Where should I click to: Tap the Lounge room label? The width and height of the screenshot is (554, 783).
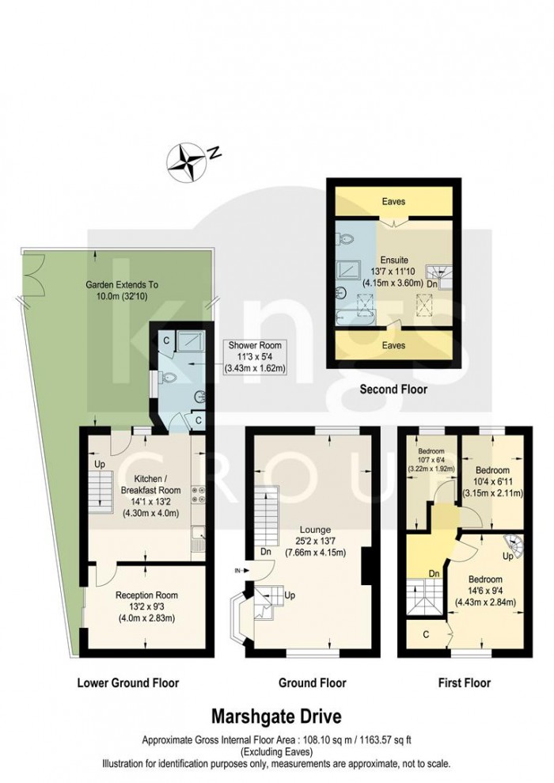coord(315,541)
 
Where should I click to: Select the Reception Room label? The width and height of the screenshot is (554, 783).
coord(146,606)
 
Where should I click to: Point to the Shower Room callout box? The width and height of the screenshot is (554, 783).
coord(255,356)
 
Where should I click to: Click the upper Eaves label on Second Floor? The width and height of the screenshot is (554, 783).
coord(393,201)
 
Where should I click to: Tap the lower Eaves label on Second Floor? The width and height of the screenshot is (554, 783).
coord(393,345)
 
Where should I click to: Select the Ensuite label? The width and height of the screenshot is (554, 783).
coord(393,271)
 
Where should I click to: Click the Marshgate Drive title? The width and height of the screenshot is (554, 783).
coord(276,716)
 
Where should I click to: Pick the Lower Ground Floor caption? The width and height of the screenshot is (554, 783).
coord(127,682)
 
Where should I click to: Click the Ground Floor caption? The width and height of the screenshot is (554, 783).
coord(313,682)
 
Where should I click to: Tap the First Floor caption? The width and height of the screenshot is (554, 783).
coord(464,682)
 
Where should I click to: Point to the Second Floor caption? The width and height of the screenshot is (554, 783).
coord(394,389)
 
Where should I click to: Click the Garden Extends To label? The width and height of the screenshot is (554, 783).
coord(122,290)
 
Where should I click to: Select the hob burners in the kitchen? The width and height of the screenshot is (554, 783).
coord(198,496)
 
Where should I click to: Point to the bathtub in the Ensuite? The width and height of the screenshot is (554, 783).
coord(355,317)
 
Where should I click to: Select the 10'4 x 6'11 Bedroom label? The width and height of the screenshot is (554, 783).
coord(492,482)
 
